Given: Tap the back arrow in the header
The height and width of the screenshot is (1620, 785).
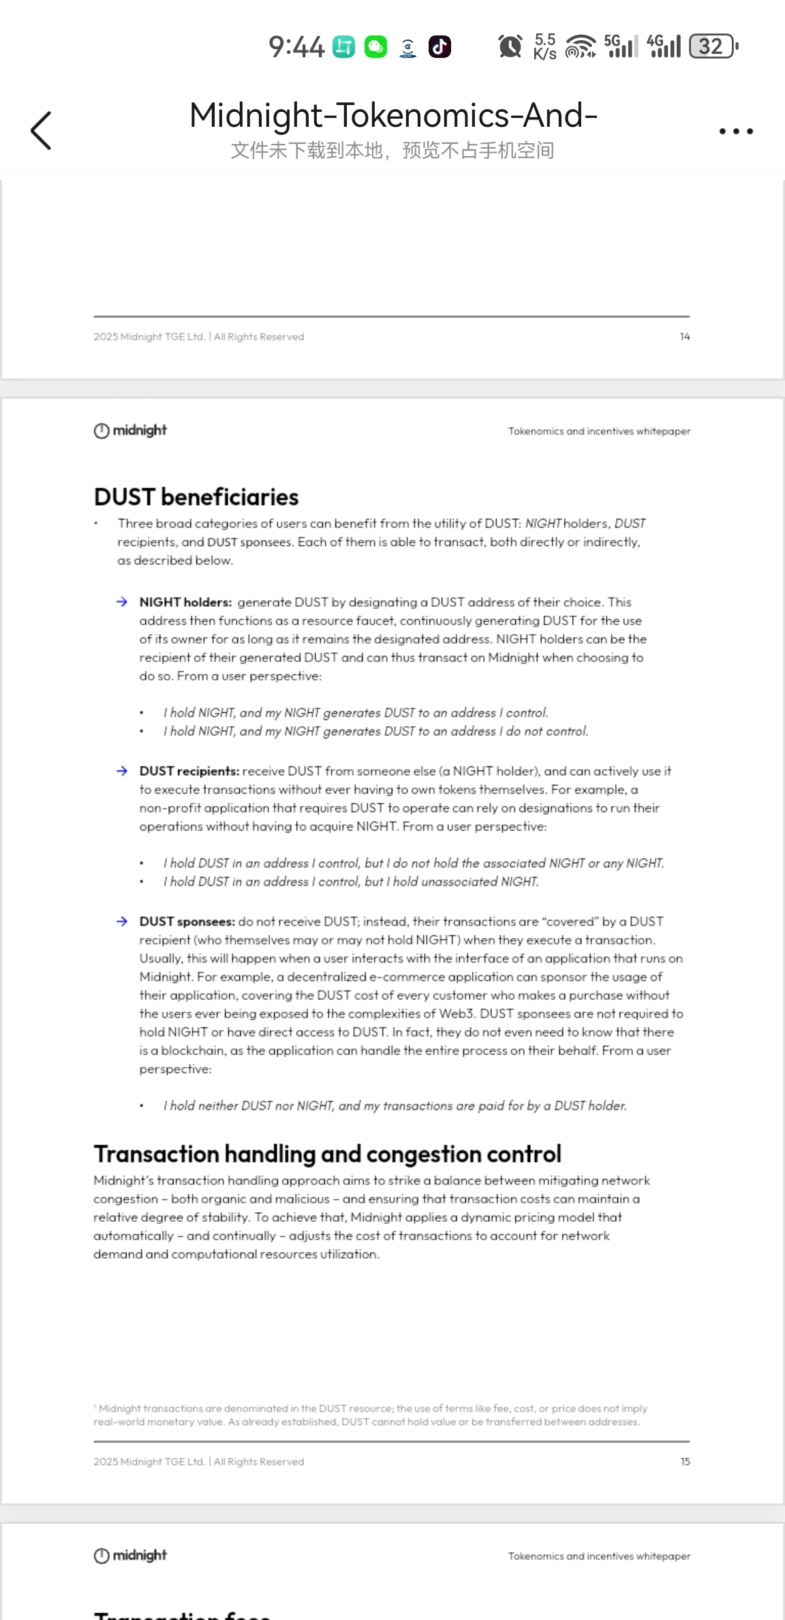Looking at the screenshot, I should point(41,130).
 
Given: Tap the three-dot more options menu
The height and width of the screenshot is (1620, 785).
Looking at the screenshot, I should point(736,131).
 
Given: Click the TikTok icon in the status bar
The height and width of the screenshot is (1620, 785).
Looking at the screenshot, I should point(440,47).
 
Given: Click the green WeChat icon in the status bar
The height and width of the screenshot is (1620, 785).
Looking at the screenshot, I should point(375,47).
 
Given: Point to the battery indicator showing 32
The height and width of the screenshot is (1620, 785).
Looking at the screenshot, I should point(713,46).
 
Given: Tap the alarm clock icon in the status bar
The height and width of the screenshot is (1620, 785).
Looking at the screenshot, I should point(510,46).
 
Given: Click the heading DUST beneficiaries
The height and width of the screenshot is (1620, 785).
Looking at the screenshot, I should point(196,497).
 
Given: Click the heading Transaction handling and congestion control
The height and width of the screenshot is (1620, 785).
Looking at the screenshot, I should point(327,1154).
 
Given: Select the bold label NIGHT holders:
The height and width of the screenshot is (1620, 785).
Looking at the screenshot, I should point(185,602).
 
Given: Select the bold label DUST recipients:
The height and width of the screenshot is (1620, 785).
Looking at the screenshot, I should point(189,771).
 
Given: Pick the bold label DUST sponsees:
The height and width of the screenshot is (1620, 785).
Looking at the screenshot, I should point(187,921).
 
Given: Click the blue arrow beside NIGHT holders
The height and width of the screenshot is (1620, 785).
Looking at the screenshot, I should point(122,602).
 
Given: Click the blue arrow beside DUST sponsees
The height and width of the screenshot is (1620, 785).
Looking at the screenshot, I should point(122,921).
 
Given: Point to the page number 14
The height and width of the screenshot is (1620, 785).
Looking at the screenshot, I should point(685,337).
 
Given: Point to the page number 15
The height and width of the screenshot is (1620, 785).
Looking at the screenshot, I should point(685,1462).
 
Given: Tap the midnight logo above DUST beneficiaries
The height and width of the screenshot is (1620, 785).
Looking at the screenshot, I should point(130,430).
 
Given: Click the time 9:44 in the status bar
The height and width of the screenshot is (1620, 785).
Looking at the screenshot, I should point(296,47).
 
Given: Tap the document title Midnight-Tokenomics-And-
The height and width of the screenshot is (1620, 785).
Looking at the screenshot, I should point(393,115).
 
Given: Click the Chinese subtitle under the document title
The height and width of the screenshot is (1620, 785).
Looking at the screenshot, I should point(392,150).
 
